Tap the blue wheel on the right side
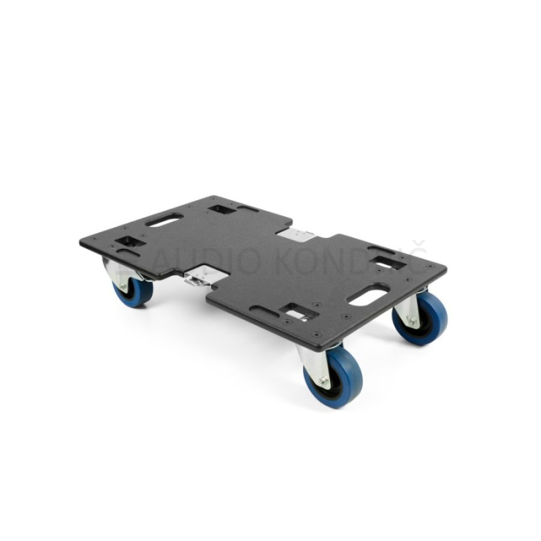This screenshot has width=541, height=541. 421,318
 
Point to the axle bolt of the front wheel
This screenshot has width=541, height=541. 325,379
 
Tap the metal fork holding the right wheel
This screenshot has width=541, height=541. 404,308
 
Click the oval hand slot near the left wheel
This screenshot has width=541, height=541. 164,220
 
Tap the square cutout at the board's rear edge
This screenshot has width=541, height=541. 221,209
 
